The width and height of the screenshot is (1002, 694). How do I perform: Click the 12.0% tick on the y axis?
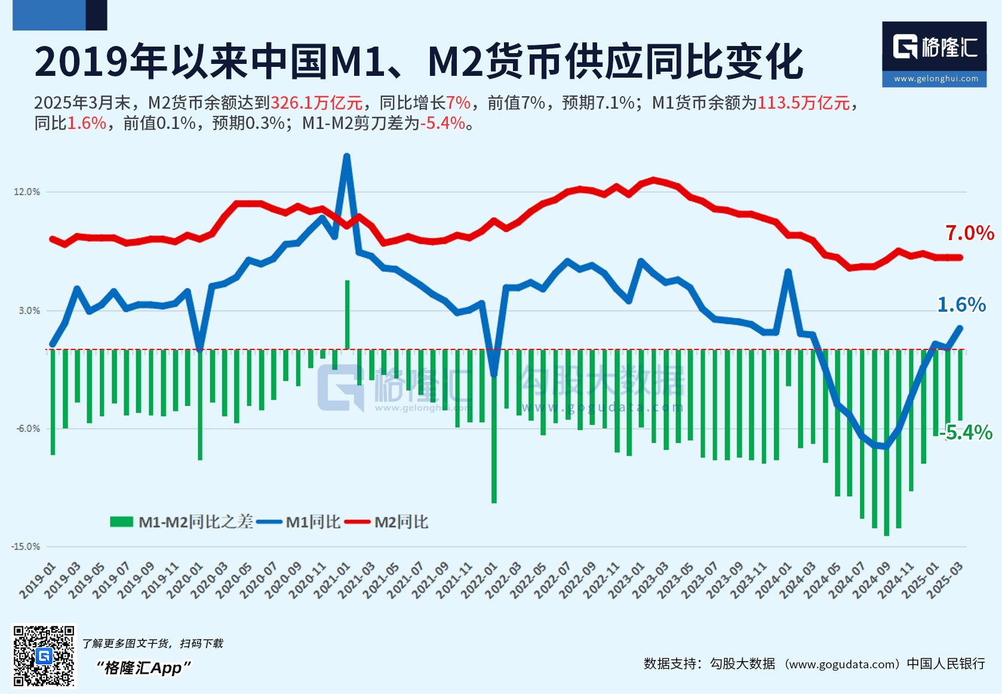[26, 192]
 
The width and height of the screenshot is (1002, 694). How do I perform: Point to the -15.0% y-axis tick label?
[25, 546]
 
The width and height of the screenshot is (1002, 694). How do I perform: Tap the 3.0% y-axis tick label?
[29, 311]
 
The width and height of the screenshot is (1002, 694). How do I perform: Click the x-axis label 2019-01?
[38, 581]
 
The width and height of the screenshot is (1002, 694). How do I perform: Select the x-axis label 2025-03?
[945, 581]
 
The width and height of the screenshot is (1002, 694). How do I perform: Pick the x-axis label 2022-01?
[480, 581]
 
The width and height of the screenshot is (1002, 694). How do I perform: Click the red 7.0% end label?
[969, 233]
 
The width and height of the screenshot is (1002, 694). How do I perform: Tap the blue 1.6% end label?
[961, 305]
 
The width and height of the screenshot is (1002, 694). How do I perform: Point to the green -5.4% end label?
[966, 432]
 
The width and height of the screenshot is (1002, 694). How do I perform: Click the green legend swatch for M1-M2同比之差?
[121, 522]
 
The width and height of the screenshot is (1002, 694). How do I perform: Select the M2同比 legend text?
[401, 522]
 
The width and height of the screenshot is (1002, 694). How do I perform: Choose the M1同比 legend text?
[313, 522]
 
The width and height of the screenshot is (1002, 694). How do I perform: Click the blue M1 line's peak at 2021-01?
[346, 157]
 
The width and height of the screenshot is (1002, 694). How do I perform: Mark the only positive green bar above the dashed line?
[347, 314]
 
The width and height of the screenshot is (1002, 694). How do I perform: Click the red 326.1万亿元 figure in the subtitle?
[316, 103]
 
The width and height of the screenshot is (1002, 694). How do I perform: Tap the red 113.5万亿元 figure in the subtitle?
[803, 103]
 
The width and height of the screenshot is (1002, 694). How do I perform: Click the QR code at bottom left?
[44, 656]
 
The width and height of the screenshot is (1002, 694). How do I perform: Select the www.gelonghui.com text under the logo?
[936, 78]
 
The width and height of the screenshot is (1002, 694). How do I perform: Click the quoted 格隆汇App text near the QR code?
[143, 668]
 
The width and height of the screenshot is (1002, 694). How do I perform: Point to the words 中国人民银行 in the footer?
[945, 664]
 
